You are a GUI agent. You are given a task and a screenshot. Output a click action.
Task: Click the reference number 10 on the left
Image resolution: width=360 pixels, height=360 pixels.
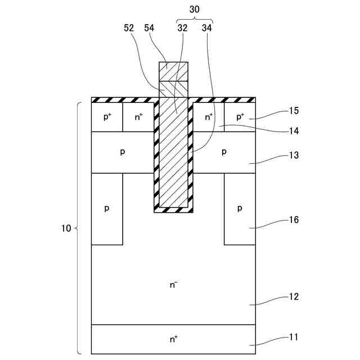[66, 228]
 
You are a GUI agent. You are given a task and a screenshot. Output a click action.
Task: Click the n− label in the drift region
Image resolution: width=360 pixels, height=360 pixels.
[174, 285]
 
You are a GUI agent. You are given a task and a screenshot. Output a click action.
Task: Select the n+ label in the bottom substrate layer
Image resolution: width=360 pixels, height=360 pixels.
[174, 339]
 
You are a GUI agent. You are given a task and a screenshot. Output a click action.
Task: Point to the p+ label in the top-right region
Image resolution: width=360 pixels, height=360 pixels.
[240, 117]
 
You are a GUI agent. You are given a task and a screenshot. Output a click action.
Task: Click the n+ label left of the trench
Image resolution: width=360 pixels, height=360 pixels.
[138, 117]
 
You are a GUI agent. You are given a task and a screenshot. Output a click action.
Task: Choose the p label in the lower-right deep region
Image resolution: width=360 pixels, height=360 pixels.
[240, 209]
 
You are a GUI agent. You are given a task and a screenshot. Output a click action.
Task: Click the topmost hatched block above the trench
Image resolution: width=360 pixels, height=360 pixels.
[174, 71]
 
